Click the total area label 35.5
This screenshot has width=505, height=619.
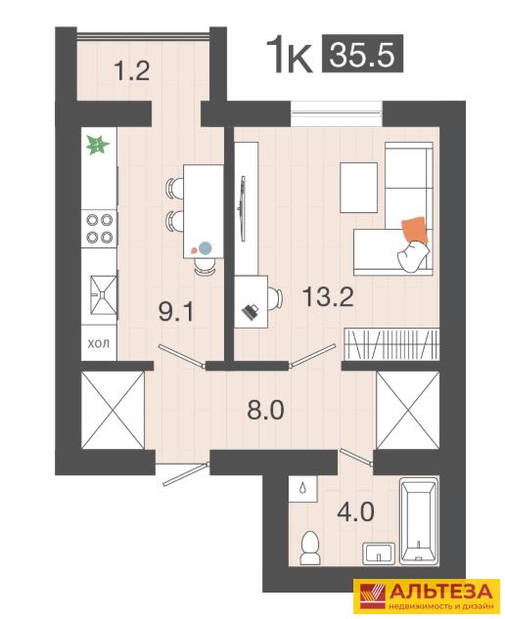(x=362, y=54)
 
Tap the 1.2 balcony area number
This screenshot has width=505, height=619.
(x=131, y=71)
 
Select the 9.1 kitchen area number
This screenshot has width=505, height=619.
(x=176, y=312)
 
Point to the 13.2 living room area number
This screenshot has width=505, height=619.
(x=328, y=297)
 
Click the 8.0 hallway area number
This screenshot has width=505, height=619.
(x=265, y=410)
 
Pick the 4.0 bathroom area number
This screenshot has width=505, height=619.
(x=355, y=512)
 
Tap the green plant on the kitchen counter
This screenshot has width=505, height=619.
(x=97, y=145)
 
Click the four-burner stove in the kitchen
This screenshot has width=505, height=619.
(x=99, y=229)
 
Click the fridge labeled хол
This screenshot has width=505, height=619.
(x=99, y=342)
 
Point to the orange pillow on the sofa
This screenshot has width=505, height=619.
(x=415, y=231)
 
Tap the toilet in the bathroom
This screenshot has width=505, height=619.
(x=309, y=547)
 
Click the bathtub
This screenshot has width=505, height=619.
(x=419, y=520)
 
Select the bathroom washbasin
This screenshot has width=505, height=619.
(x=379, y=553)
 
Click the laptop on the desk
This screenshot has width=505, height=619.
(x=251, y=312)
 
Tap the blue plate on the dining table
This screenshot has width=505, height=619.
(x=206, y=248)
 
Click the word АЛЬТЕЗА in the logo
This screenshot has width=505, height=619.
(x=441, y=592)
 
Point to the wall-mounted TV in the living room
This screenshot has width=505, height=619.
(x=244, y=208)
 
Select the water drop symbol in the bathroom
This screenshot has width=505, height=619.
(x=302, y=488)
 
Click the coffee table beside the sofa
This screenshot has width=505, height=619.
(x=359, y=188)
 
